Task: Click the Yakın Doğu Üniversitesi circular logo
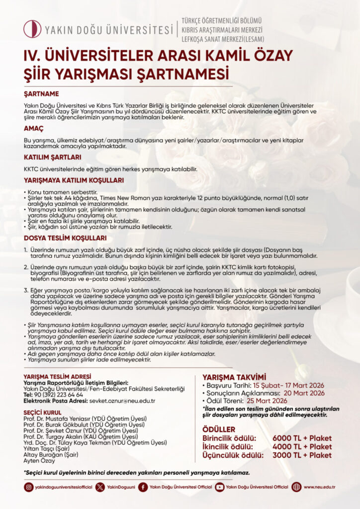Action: tap(32, 29)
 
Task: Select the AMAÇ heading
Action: tap(33, 128)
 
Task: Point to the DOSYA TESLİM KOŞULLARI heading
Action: tap(65, 238)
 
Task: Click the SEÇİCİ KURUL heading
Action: tap(43, 413)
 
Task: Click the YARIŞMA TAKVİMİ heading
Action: tap(234, 377)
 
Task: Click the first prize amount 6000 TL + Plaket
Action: tap(302, 438)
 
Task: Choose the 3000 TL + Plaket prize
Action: tap(302, 455)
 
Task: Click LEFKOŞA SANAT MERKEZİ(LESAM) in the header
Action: tap(222, 39)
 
